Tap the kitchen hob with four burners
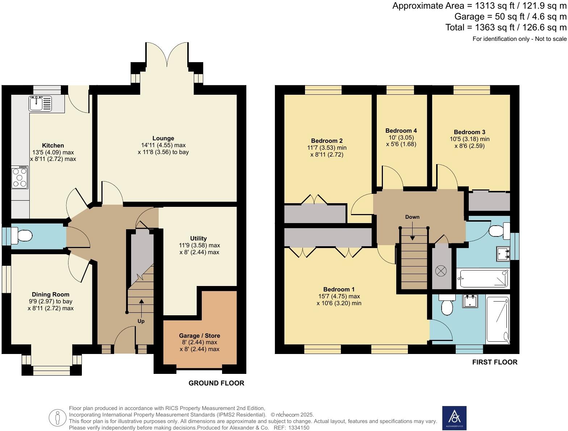[x=20, y=177]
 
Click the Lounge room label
[x=163, y=138]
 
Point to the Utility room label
[x=199, y=238]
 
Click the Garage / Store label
[x=199, y=336]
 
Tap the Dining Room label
[x=50, y=294]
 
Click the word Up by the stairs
[x=141, y=321]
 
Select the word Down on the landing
[x=412, y=217]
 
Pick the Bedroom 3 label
[x=469, y=132]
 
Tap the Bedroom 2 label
[x=327, y=141]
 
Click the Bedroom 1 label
[x=339, y=289]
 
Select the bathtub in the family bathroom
[x=483, y=278]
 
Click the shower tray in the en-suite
[x=498, y=320]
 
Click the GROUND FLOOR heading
[x=216, y=383]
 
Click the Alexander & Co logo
[x=454, y=418]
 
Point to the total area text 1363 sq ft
[x=506, y=27]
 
